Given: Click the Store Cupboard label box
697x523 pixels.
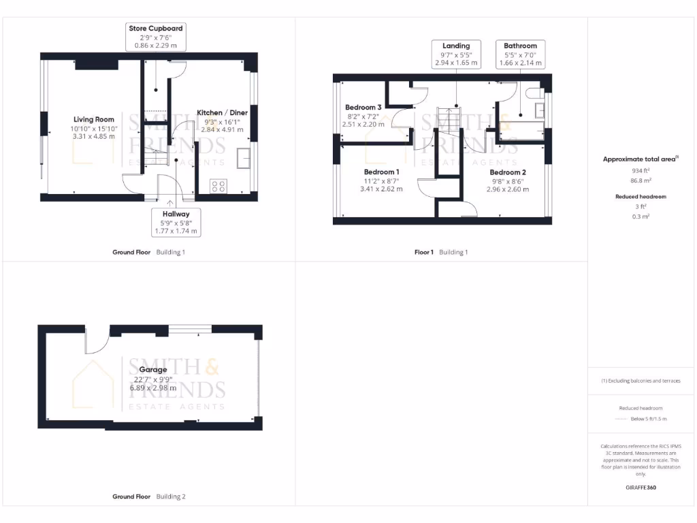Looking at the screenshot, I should point(156,37).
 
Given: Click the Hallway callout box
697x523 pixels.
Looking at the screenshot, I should point(176,222).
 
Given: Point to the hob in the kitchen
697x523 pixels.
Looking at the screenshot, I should point(219,186).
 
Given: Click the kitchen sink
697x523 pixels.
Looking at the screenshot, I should point(243,158).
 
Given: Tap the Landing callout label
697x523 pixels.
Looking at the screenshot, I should point(456,54).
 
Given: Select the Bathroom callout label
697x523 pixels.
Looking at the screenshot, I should point(520,54).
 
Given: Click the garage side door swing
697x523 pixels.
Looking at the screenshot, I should point(95,340).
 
